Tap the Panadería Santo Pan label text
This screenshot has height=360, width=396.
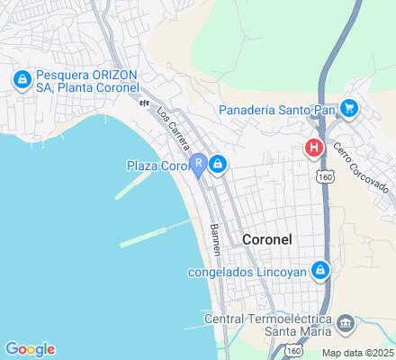276,111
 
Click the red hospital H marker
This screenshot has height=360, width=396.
314,147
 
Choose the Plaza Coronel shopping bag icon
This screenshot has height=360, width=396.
218,164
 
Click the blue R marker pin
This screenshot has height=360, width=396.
197,165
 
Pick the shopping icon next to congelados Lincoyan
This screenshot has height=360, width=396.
319,269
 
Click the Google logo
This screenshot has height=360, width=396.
30,349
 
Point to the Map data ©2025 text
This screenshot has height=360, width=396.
358,353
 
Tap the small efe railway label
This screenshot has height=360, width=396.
143,103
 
